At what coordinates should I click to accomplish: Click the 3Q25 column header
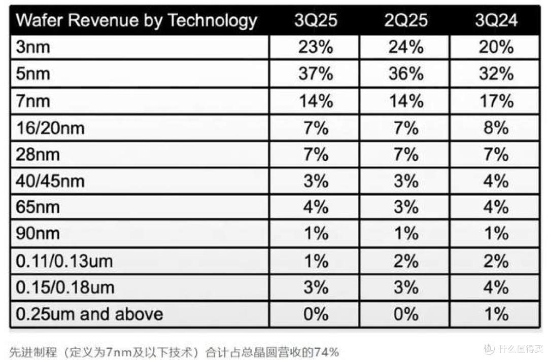pyautogui.click(x=316, y=20)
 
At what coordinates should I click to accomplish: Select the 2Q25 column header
pyautogui.click(x=406, y=20)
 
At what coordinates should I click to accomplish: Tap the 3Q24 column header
pyautogui.click(x=496, y=20)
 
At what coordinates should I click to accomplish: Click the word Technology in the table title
pyautogui.click(x=213, y=21)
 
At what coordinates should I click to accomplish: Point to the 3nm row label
pyautogui.click(x=33, y=47)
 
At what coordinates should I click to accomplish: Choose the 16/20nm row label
pyautogui.click(x=50, y=128)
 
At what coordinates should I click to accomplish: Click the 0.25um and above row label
pyautogui.click(x=89, y=314)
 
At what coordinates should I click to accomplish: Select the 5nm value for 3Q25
pyautogui.click(x=316, y=74)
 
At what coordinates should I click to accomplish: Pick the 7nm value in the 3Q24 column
pyautogui.click(x=496, y=101)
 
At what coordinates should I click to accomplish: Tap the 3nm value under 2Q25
pyautogui.click(x=406, y=47)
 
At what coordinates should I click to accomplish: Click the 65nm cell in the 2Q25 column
pyautogui.click(x=406, y=207)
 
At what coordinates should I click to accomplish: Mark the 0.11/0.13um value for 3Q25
pyautogui.click(x=316, y=261)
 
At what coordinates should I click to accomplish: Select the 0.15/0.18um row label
pyautogui.click(x=65, y=287)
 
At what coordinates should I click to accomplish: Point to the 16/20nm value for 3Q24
pyautogui.click(x=496, y=128)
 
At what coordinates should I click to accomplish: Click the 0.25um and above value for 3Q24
pyautogui.click(x=497, y=314)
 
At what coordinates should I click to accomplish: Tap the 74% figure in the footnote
pyautogui.click(x=327, y=352)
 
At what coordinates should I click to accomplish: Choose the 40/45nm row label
pyautogui.click(x=50, y=181)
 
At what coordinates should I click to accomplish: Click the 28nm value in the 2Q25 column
pyautogui.click(x=406, y=154)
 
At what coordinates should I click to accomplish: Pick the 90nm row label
pyautogui.click(x=38, y=233)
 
